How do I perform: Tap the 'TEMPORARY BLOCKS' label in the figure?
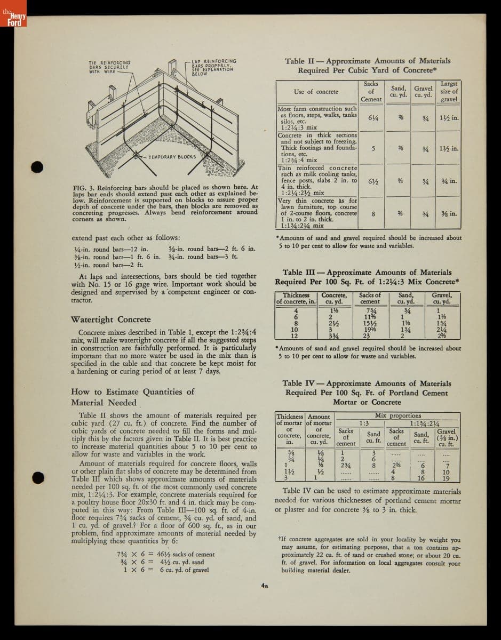tap(172, 157)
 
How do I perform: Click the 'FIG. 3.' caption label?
tap(83, 187)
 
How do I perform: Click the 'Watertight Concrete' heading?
tap(110, 319)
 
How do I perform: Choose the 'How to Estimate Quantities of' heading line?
tap(132, 391)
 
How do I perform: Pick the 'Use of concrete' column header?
tap(316, 92)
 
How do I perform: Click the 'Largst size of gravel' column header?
tap(449, 92)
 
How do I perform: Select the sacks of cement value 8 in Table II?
tap(373, 213)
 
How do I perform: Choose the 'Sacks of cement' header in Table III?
tap(370, 298)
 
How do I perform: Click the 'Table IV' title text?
tap(299, 383)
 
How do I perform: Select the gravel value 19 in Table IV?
tap(446, 478)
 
